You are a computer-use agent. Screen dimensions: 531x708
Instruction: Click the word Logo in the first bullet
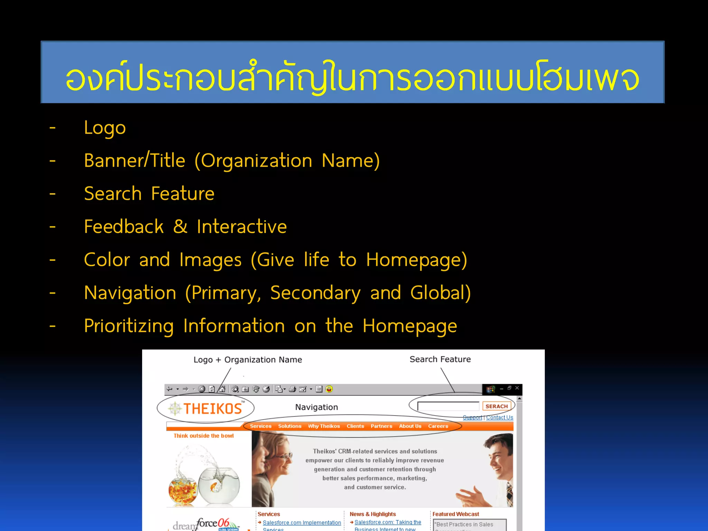point(105,128)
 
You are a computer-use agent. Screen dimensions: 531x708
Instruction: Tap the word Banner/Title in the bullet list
point(134,161)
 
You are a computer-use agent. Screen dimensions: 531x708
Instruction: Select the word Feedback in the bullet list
point(124,227)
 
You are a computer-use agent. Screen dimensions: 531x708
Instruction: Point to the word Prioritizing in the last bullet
point(129,326)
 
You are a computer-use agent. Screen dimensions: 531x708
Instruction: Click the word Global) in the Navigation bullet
point(440,293)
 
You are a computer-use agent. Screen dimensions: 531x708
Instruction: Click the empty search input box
point(448,406)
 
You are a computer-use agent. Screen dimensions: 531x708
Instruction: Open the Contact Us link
point(500,418)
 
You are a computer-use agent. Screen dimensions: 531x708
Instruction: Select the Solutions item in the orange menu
point(290,426)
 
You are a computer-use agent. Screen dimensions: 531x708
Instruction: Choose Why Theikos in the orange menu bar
point(324,426)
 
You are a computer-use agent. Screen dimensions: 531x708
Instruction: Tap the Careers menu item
point(438,426)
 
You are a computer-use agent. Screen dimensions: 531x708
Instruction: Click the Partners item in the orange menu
point(381,426)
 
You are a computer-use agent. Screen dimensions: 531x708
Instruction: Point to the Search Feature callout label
point(440,360)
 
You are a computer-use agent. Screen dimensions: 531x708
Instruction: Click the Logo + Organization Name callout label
point(248,360)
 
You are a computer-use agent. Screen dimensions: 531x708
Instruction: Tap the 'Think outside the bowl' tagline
point(204,436)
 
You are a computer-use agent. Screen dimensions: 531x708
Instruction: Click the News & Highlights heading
point(373,514)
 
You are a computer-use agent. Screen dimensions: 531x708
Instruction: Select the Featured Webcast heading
point(456,514)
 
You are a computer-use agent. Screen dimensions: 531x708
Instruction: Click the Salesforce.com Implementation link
point(302,523)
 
